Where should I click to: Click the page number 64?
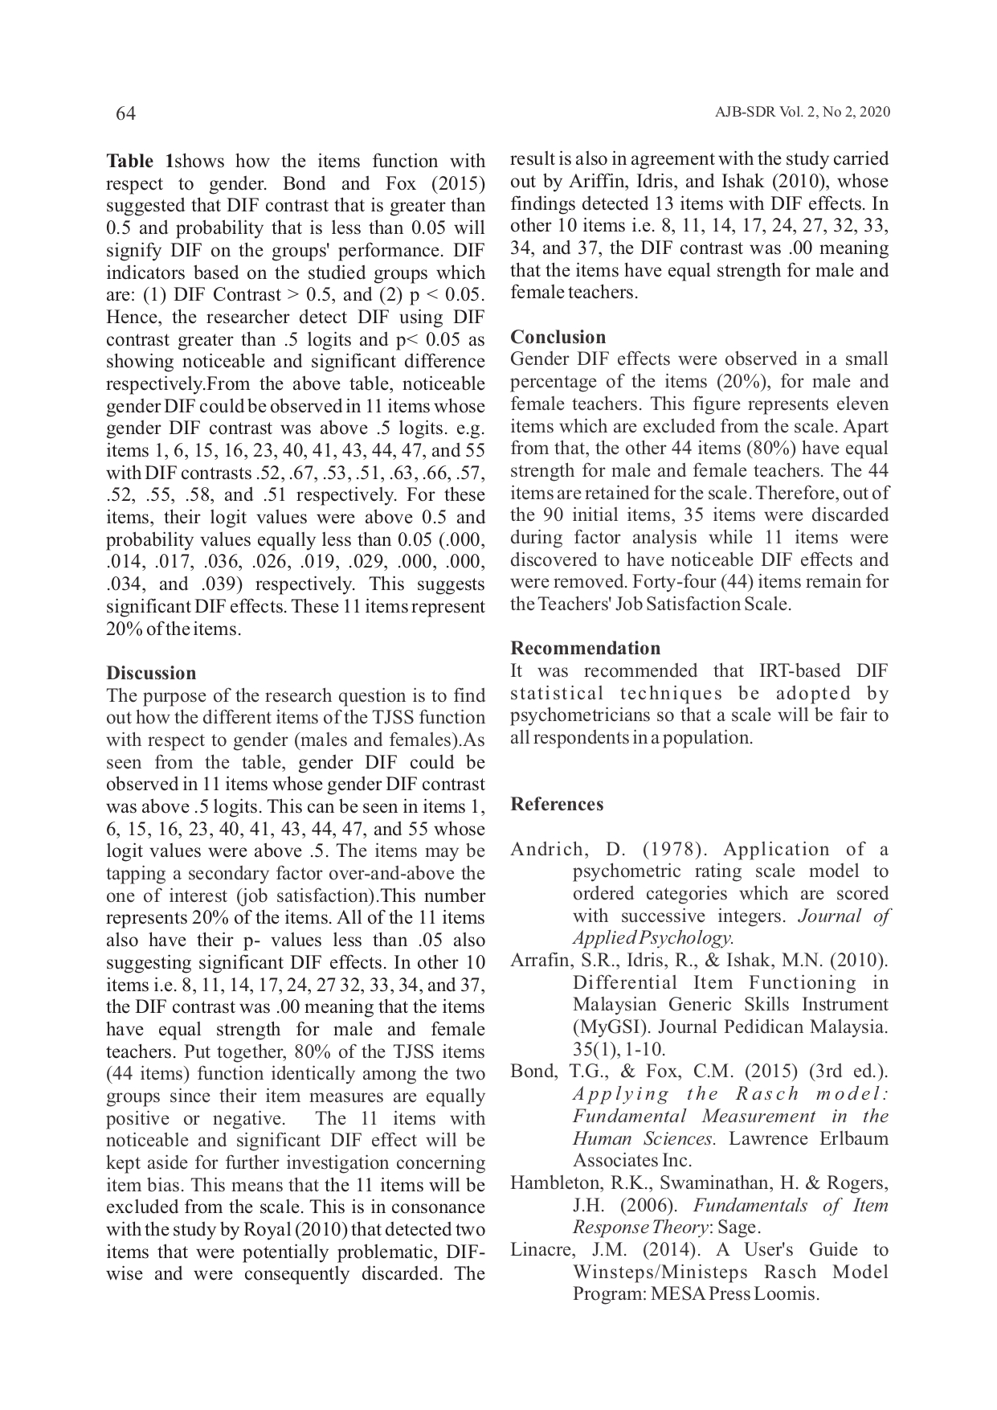pyautogui.click(x=126, y=113)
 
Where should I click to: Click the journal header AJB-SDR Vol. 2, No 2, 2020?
pyautogui.click(x=802, y=113)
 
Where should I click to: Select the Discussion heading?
pyautogui.click(x=151, y=673)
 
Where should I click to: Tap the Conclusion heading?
pyautogui.click(x=558, y=337)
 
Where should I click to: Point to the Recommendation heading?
pyautogui.click(x=586, y=648)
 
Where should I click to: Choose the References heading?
pyautogui.click(x=557, y=804)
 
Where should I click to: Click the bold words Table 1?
pyautogui.click(x=139, y=161)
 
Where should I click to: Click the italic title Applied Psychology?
pyautogui.click(x=652, y=937)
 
